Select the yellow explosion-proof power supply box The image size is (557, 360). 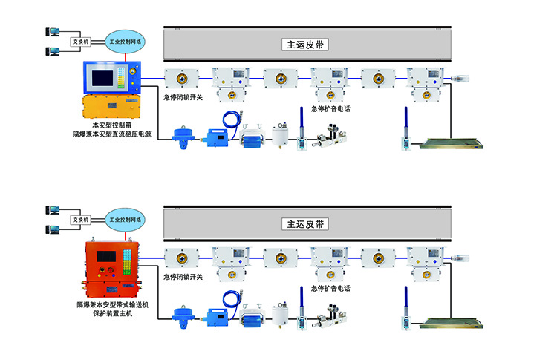coord(112,106)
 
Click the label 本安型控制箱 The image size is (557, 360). coord(111,125)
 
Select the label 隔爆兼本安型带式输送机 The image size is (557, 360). coord(111,305)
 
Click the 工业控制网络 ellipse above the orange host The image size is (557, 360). coord(126,220)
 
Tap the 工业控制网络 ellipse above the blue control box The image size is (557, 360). coord(126,42)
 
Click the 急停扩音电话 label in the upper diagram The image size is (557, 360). coord(330,108)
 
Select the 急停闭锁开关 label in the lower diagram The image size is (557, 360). coord(183,277)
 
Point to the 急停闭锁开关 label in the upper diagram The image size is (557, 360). coord(183,97)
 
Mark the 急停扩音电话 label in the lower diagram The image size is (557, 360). coord(330,288)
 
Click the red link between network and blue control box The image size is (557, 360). coord(126,56)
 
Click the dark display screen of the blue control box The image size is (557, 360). coord(103,77)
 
